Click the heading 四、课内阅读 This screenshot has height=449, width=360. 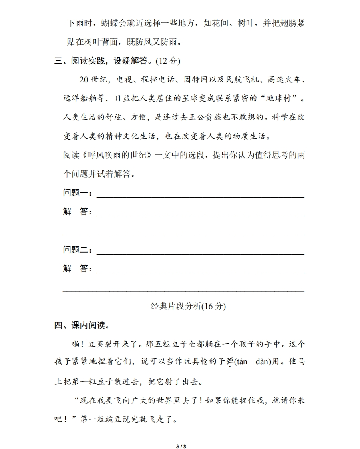tap(82, 325)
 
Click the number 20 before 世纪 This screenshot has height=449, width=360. tap(83, 80)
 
